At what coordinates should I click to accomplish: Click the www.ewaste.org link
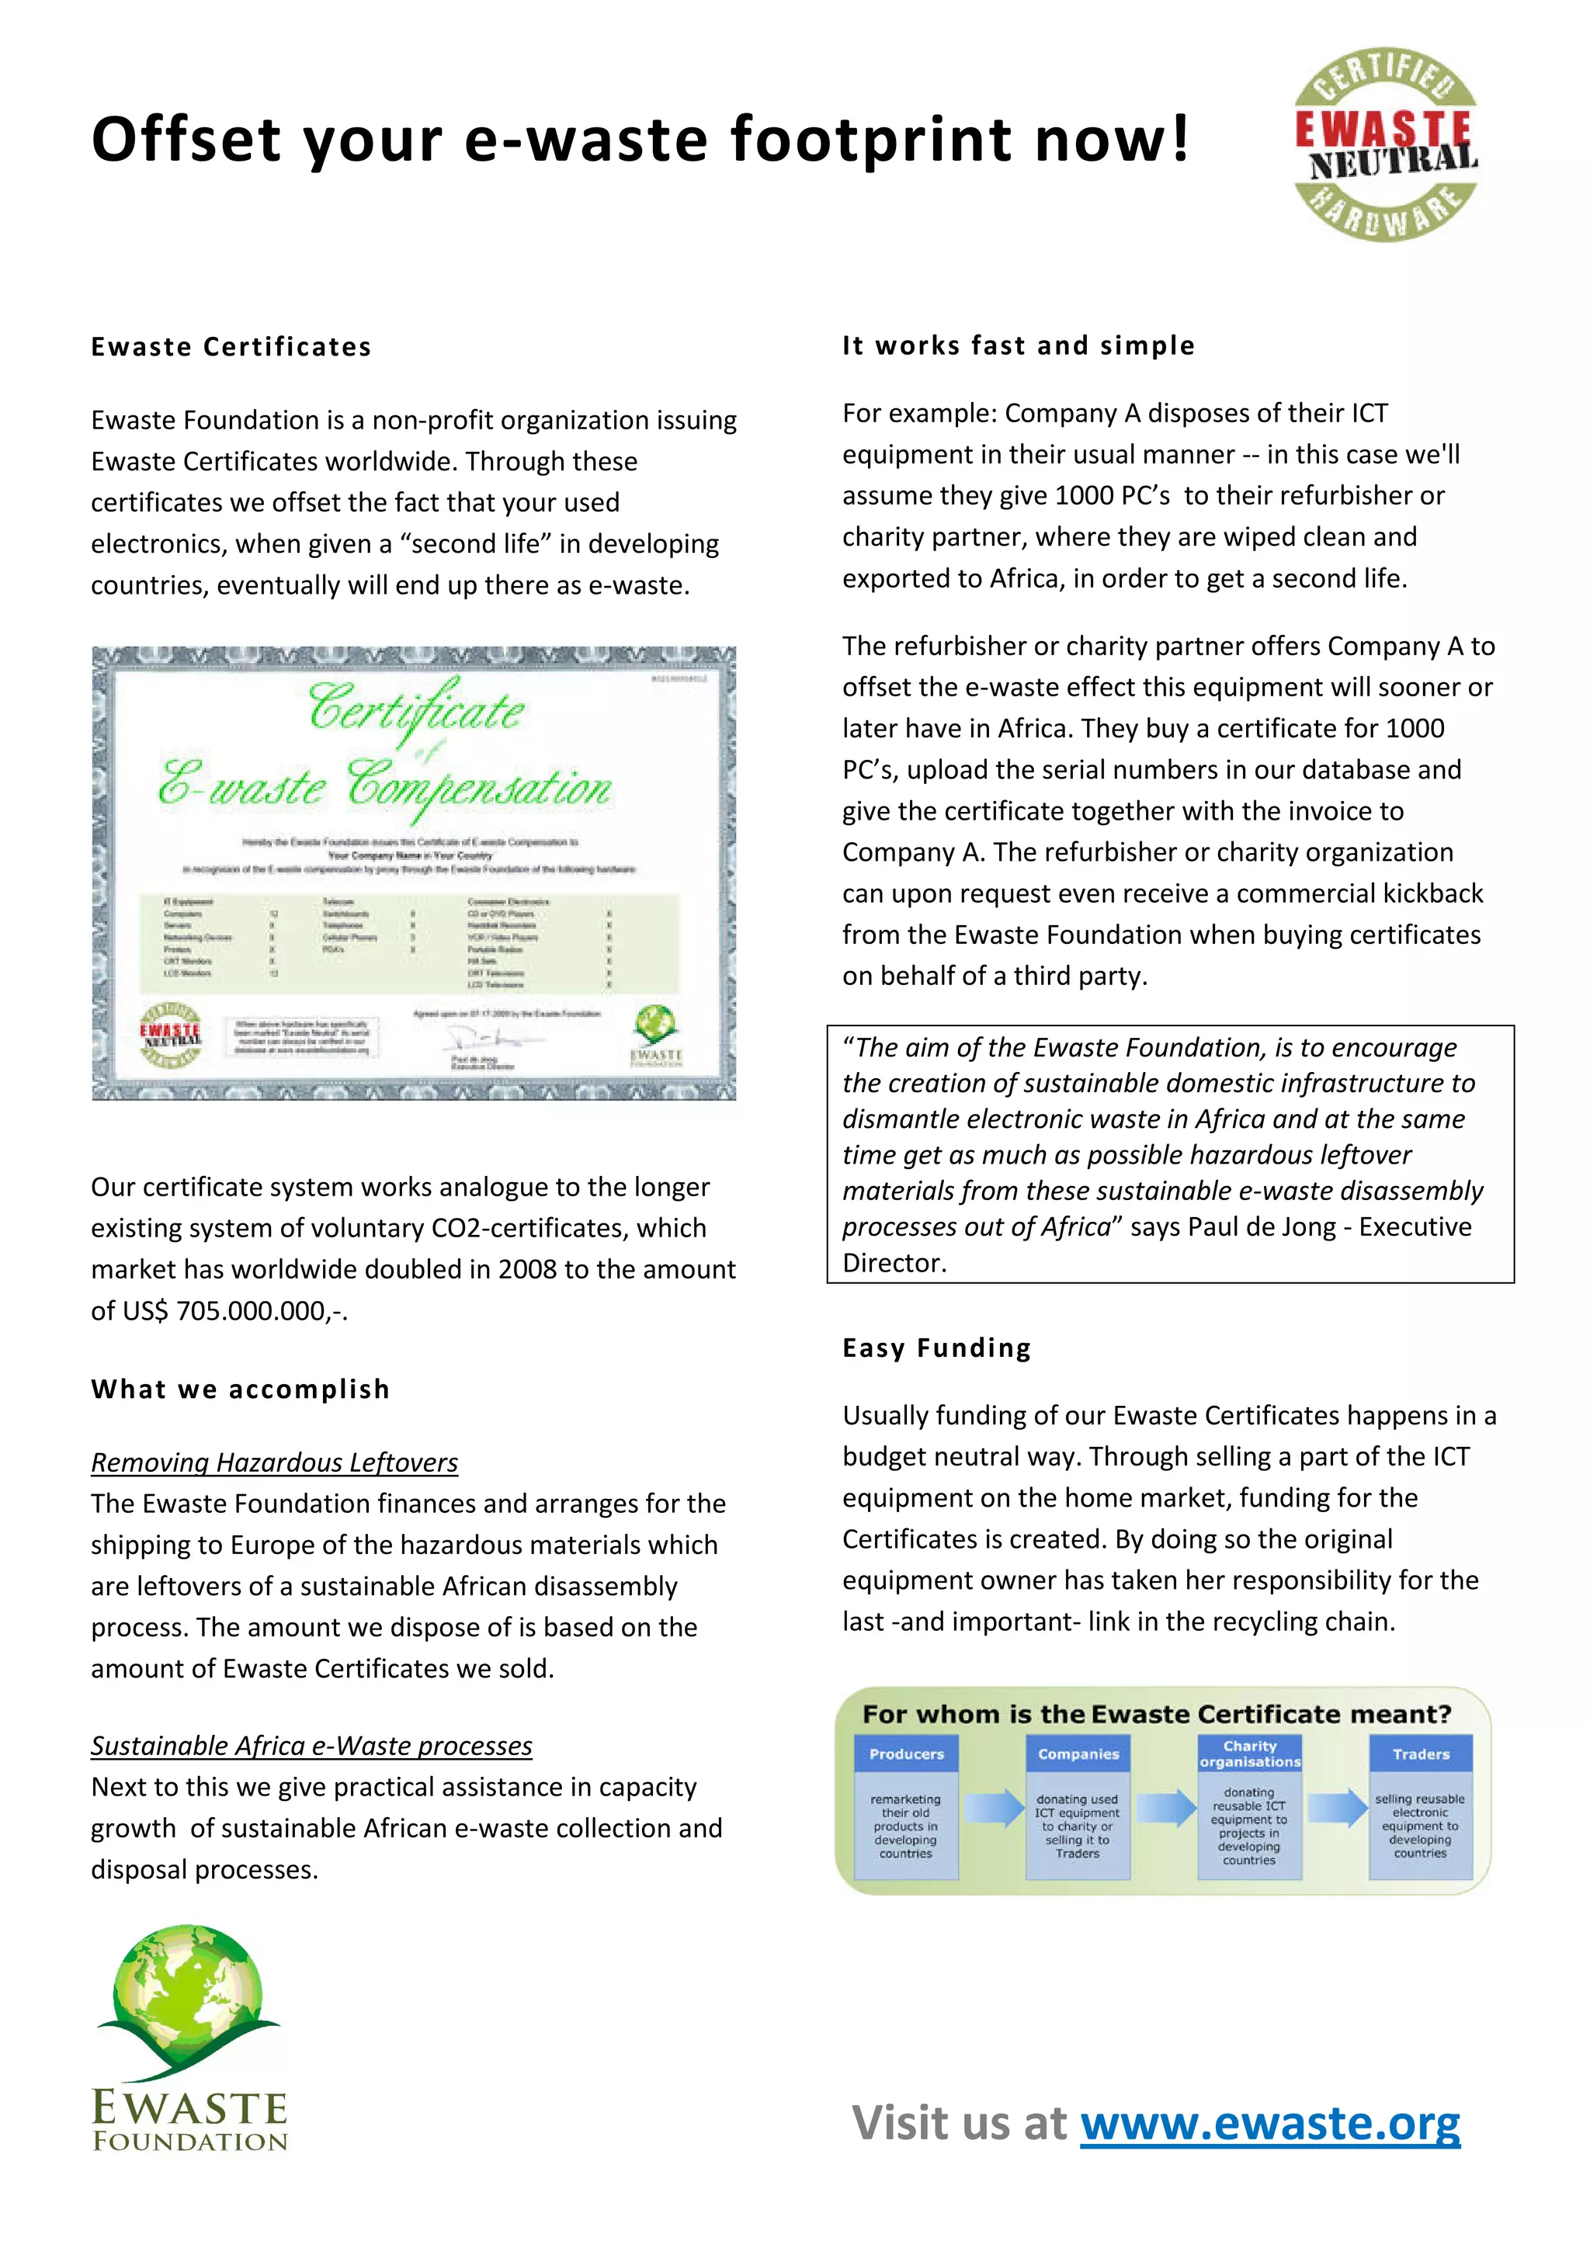(1270, 2124)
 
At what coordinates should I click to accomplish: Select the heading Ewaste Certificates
(231, 347)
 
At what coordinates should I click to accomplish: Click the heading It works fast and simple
(1019, 345)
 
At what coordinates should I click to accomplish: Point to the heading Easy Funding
(937, 1348)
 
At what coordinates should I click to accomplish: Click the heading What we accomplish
(241, 1389)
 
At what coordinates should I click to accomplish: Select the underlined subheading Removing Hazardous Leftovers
(274, 1462)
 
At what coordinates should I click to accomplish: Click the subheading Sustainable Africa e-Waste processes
(311, 1745)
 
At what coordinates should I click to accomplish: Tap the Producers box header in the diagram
(907, 1754)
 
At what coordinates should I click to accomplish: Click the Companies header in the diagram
(1078, 1754)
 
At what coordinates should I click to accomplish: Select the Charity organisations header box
(1249, 1754)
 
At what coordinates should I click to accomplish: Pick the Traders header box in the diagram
(1421, 1754)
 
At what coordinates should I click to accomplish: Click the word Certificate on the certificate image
(416, 709)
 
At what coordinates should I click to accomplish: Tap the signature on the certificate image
(477, 1040)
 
